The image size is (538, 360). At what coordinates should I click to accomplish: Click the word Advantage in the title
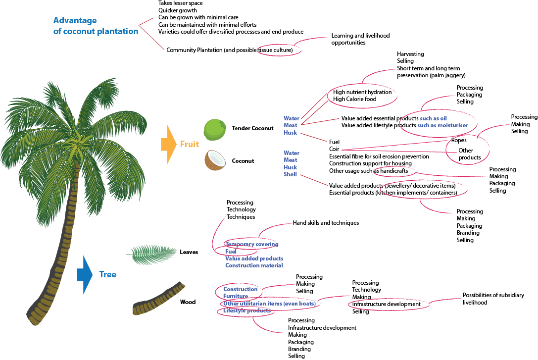point(75,20)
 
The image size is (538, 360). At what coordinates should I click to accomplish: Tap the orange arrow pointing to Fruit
point(168,144)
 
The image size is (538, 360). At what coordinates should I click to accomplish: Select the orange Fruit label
point(190,144)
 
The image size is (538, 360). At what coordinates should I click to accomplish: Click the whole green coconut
point(215,129)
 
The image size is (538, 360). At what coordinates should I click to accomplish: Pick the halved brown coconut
point(215,160)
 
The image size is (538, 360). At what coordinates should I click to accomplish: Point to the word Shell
point(290,174)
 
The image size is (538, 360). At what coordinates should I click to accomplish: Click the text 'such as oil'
point(433,118)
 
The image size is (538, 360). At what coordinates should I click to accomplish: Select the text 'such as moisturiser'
point(442,125)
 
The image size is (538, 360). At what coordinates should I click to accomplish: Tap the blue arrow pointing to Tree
point(85,274)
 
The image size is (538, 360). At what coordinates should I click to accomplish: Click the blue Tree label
point(107,274)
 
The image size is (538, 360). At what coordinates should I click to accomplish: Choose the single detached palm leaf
point(152,254)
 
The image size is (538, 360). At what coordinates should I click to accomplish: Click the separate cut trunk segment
point(158,300)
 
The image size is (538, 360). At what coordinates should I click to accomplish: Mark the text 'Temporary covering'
point(251,244)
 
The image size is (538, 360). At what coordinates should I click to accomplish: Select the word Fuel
point(231,252)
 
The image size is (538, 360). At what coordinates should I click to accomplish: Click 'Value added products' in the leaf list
point(254,258)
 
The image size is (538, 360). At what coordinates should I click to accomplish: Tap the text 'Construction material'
point(254,265)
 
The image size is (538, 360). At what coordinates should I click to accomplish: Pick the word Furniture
point(235,296)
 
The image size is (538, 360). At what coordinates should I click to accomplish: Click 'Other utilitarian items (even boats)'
point(269,303)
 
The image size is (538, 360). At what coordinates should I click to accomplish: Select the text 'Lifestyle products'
point(247,310)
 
